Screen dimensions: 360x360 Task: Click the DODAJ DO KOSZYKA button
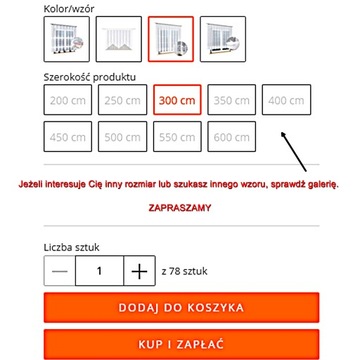pos(180,308)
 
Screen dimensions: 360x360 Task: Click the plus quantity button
pos(139,271)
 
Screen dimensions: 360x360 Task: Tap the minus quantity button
pos(61,271)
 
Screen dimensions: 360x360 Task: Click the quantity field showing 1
pos(99,271)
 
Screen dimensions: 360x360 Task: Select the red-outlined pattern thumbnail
pos(170,39)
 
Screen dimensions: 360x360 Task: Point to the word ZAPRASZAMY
pos(179,207)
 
